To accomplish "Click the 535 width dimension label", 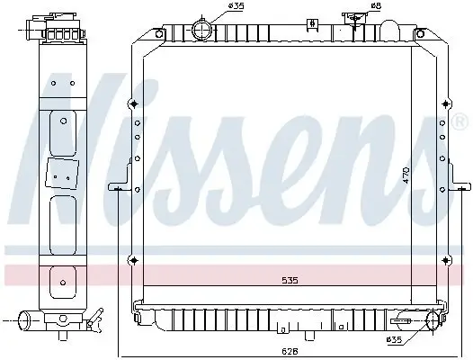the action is (x=290, y=281).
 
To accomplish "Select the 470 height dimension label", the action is (x=406, y=175).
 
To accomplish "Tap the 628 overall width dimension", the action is (x=290, y=351).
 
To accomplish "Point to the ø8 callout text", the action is (x=376, y=5).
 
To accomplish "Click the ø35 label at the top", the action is (x=236, y=5).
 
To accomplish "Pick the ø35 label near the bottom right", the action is (x=394, y=340).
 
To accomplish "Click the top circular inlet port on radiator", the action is (x=202, y=30).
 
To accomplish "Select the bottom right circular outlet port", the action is (x=433, y=322).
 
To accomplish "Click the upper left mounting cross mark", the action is (x=134, y=104).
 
